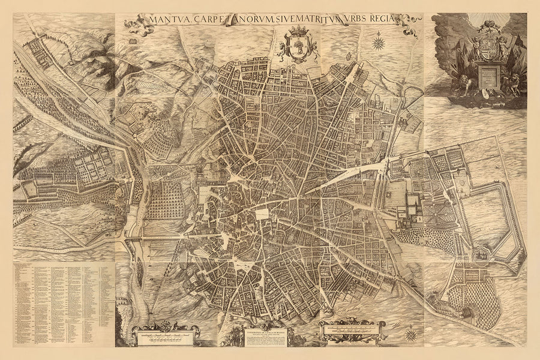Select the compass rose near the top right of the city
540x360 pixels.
(379, 43)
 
